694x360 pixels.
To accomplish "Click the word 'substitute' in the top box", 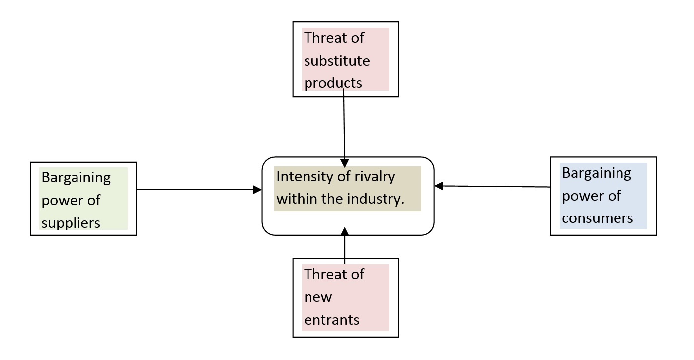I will click(x=337, y=61).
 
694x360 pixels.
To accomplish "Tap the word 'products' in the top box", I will click(x=333, y=83).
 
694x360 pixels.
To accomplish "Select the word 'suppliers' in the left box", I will click(x=71, y=223).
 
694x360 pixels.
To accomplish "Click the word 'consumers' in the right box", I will click(x=597, y=218).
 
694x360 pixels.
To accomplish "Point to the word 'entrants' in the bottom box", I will click(x=332, y=320).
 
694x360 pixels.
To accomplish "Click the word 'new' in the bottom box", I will click(x=318, y=297).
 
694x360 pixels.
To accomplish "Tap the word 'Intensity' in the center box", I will click(x=301, y=176).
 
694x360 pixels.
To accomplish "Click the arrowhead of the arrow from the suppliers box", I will click(x=258, y=189).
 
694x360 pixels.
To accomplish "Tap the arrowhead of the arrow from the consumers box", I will click(x=439, y=186).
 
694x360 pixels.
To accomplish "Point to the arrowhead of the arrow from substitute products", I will click(x=345, y=163).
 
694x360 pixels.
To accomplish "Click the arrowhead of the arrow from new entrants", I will click(x=345, y=231).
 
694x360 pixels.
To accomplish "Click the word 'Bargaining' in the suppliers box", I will click(x=76, y=177).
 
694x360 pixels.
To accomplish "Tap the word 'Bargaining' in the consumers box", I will click(x=597, y=173).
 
